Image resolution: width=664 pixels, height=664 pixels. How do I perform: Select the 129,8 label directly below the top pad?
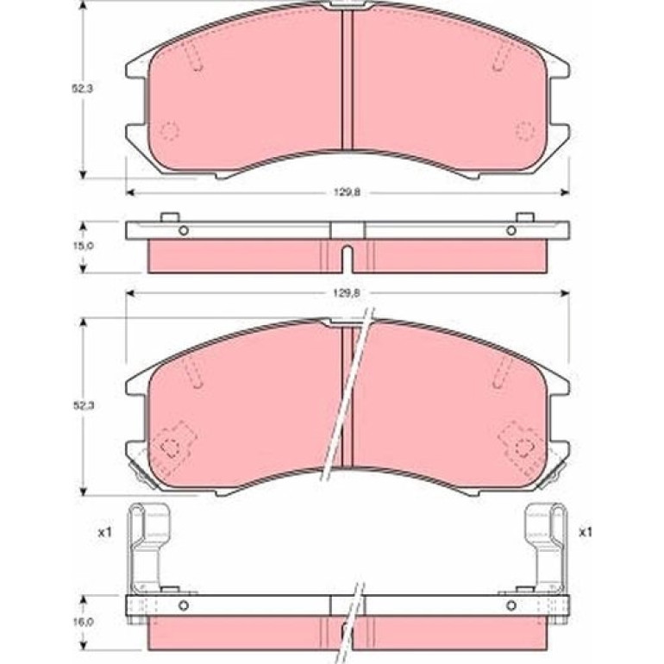coord(347,192)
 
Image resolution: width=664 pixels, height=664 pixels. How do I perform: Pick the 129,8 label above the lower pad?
coord(347,292)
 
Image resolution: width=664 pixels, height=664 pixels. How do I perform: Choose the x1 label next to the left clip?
coord(104,532)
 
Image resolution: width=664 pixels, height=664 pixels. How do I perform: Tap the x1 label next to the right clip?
coord(586,532)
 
